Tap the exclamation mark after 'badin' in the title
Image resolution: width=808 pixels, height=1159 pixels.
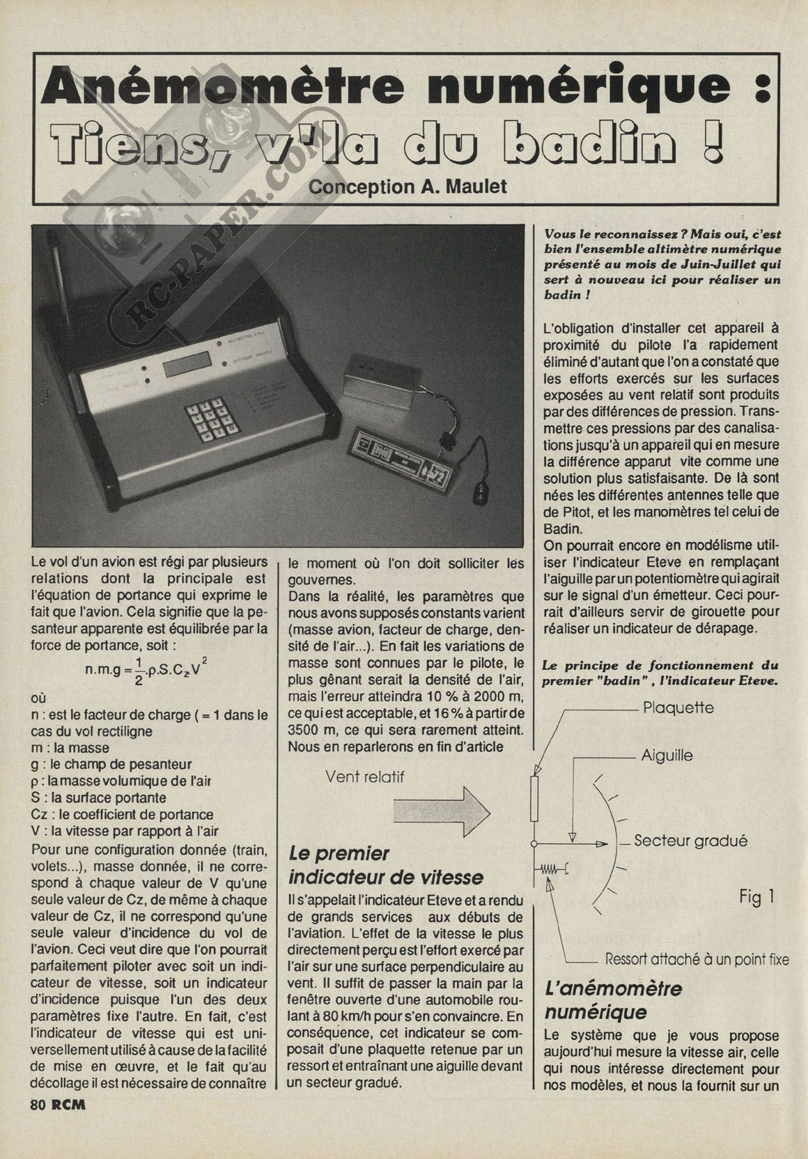[x=713, y=142]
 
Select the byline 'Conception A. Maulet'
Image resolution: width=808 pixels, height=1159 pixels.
[x=407, y=187]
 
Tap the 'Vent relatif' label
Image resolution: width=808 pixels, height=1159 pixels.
[x=364, y=777]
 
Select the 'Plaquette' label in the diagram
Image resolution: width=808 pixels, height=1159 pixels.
[x=678, y=708]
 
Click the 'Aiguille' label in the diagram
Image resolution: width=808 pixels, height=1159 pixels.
[x=667, y=755]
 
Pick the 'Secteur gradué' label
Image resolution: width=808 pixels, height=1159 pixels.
[x=690, y=841]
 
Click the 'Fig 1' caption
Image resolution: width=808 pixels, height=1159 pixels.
[x=756, y=897]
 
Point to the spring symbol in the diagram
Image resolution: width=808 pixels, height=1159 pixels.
[x=552, y=869]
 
